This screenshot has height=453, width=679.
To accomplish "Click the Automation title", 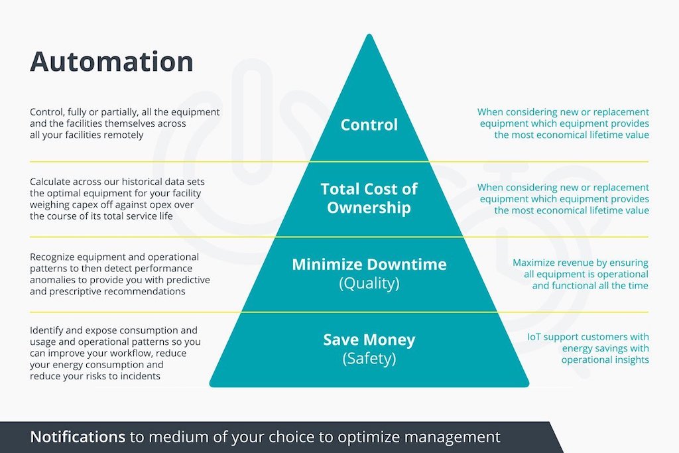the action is point(111,61).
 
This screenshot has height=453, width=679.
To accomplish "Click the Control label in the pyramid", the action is point(369,125).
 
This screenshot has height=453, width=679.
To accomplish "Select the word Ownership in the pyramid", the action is point(369,208).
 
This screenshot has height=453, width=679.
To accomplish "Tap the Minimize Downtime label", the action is point(369,264).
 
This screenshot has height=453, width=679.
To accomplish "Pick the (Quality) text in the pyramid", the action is point(369,283).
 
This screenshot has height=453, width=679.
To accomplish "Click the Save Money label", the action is point(369,340).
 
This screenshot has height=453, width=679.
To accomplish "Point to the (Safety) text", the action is point(369,359).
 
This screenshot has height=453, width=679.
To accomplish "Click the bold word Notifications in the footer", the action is point(78,436).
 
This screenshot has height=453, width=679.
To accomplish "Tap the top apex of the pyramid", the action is point(369,34).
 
